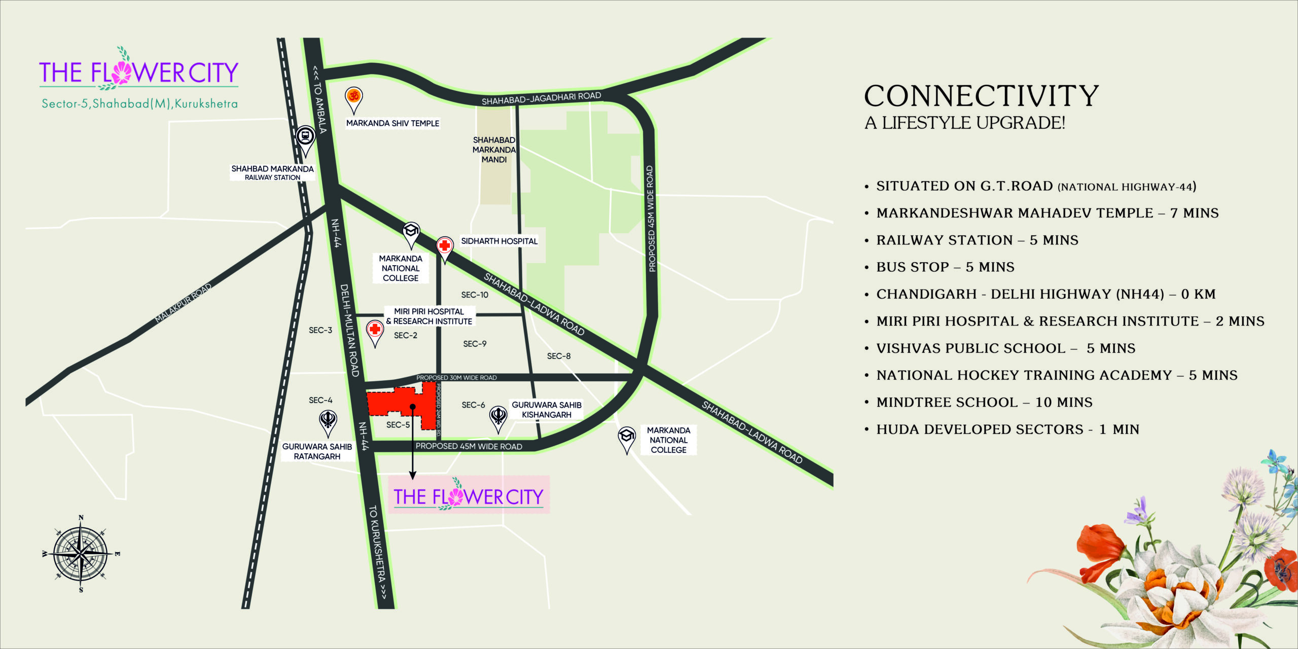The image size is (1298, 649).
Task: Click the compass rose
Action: click(81, 554)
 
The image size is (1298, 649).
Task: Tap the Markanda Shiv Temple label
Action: click(392, 123)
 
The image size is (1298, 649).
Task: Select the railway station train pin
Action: click(305, 137)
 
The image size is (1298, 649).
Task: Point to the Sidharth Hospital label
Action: click(499, 241)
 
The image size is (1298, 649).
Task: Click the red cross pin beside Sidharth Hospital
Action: click(445, 247)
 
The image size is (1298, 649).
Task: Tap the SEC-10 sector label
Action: click(475, 295)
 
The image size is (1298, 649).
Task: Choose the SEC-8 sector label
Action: click(558, 356)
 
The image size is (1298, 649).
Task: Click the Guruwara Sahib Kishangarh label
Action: click(547, 410)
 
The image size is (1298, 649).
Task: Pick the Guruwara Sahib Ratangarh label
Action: click(317, 451)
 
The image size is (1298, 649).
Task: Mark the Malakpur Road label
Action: click(183, 303)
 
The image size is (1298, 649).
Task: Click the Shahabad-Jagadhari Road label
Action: click(541, 98)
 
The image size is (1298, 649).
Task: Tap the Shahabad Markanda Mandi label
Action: click(494, 150)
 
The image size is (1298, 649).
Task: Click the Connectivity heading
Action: click(981, 96)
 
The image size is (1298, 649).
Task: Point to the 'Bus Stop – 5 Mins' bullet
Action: click(945, 267)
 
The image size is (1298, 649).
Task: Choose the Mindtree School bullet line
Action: click(984, 403)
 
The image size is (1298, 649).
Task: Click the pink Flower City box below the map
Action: click(468, 495)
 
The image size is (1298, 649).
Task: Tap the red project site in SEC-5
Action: click(401, 403)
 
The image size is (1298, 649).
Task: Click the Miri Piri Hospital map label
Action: click(429, 316)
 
